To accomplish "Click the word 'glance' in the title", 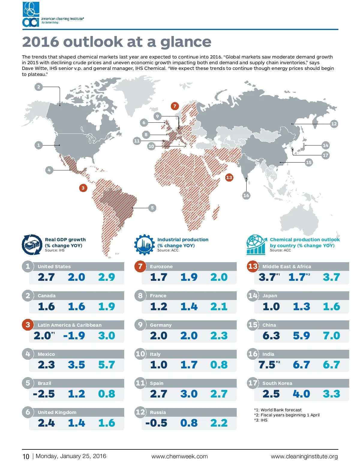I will (x=186, y=42).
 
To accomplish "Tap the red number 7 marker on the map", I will (x=175, y=106).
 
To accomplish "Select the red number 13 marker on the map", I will (x=229, y=177).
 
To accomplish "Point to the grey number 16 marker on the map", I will (x=246, y=195).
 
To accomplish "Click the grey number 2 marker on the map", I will (x=38, y=87).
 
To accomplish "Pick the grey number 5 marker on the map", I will (x=152, y=208).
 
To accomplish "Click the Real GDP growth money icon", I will (x=32, y=245).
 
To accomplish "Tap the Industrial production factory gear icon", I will (x=144, y=245).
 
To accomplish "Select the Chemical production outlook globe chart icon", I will (x=256, y=245).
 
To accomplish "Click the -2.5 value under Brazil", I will (x=44, y=394).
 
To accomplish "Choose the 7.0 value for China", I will (x=331, y=336).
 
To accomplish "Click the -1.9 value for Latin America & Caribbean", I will (x=74, y=336).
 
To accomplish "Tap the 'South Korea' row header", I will (x=277, y=383).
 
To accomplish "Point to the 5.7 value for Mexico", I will (x=106, y=365).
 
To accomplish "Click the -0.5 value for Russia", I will (x=156, y=423).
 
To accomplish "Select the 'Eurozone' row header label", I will (x=161, y=266).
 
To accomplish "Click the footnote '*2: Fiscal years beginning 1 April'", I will (x=287, y=415).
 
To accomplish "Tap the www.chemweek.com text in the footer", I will (x=179, y=456).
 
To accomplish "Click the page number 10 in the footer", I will (x=26, y=457).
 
